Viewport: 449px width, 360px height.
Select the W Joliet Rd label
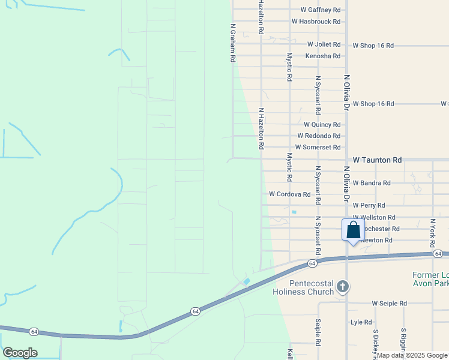click(324, 44)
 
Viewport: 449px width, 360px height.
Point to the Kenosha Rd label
click(323, 56)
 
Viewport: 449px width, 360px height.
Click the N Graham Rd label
click(232, 43)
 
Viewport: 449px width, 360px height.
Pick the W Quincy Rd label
click(322, 125)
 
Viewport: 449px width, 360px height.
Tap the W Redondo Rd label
click(318, 136)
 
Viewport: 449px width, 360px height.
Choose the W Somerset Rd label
click(318, 148)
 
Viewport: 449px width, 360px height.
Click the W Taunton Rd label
click(377, 160)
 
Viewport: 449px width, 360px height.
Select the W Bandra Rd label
click(372, 183)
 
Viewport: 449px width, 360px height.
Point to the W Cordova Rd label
click(289, 194)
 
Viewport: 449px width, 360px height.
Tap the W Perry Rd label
click(369, 205)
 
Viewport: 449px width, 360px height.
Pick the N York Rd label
click(432, 233)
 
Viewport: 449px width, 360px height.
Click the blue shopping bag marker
click(353, 230)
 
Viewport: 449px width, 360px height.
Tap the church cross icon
click(343, 286)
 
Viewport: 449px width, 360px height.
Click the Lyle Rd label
click(361, 322)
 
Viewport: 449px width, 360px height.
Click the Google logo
click(20, 353)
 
